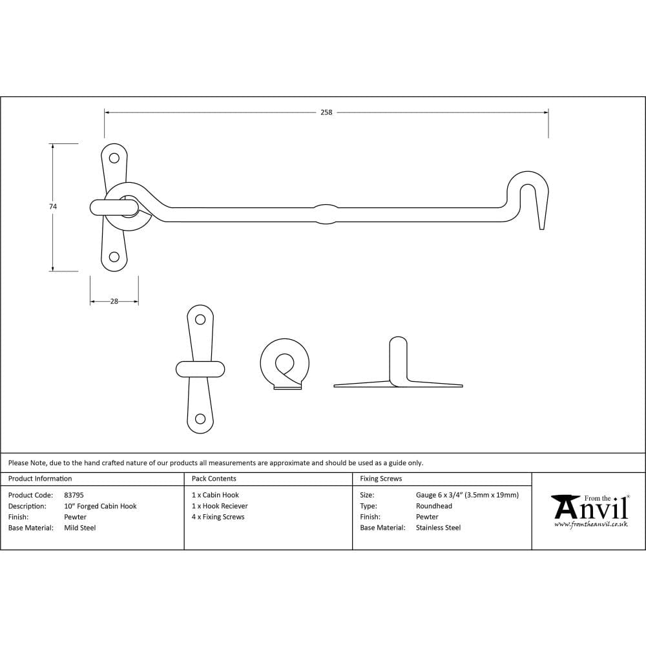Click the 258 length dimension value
coord(326,112)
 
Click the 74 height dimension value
coord(53,207)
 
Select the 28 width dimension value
coord(114,301)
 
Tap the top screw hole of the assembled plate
coord(114,158)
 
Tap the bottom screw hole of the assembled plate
coord(114,257)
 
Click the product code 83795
coord(74,495)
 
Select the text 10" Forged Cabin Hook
coord(100,506)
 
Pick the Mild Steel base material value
coord(80,528)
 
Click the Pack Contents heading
coord(214,479)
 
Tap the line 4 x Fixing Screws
coord(218,517)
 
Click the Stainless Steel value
coord(439,528)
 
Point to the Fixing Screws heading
coord(380,479)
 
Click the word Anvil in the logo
coord(591,509)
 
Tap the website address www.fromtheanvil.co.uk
coord(591,525)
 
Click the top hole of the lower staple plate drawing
coord(200,319)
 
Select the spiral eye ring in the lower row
coord(284,363)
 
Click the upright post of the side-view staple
coord(399,359)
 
